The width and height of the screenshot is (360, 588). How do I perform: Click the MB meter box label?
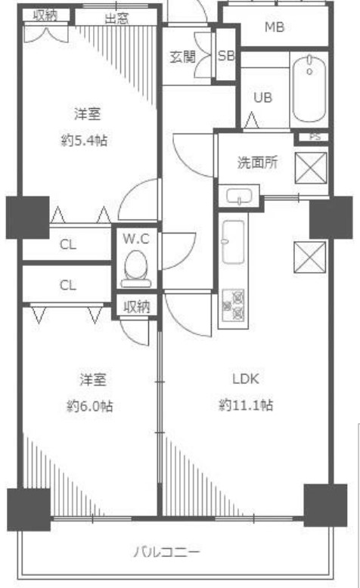point(275,27)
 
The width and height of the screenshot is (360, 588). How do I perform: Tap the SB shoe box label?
point(226,56)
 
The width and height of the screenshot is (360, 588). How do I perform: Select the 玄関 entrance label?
point(183,57)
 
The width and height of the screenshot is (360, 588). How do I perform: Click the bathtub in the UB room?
point(309,88)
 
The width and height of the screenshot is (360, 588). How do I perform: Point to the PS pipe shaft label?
point(315,137)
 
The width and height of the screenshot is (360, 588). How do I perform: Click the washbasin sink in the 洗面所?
point(239,196)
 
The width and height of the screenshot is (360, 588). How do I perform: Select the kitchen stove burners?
point(233,305)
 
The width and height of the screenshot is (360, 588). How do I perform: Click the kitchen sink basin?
point(233,242)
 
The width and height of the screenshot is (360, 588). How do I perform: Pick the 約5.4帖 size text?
point(84,141)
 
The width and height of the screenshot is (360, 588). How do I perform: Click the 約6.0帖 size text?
point(90,406)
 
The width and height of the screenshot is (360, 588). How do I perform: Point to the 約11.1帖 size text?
point(246,405)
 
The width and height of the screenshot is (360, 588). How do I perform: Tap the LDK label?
point(246,379)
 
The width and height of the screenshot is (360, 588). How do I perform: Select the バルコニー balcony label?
point(167,552)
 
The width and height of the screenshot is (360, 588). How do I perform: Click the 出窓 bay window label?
point(116,18)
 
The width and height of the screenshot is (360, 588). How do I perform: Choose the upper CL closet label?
point(67,245)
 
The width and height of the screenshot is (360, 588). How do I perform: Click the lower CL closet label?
point(67,286)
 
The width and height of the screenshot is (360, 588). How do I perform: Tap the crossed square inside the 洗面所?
point(311,168)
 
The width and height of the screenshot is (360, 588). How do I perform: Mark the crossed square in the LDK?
point(309,257)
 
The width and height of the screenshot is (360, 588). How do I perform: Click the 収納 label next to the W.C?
point(137,307)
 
